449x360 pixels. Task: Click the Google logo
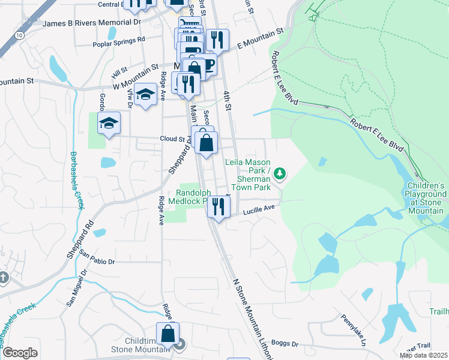click(19, 352)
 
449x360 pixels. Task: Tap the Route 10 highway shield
click(20, 35)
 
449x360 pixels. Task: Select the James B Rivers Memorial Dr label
click(92, 23)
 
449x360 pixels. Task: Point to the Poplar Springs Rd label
click(119, 41)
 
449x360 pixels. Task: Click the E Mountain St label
click(259, 38)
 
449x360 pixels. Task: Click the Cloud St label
click(172, 139)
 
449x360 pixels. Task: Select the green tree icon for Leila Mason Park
click(279, 174)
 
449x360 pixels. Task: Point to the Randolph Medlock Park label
click(193, 196)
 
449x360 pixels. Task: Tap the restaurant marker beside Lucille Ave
click(218, 206)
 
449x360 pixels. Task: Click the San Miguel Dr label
click(76, 287)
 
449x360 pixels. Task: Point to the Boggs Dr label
click(285, 343)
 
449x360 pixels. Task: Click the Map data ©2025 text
click(424, 355)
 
